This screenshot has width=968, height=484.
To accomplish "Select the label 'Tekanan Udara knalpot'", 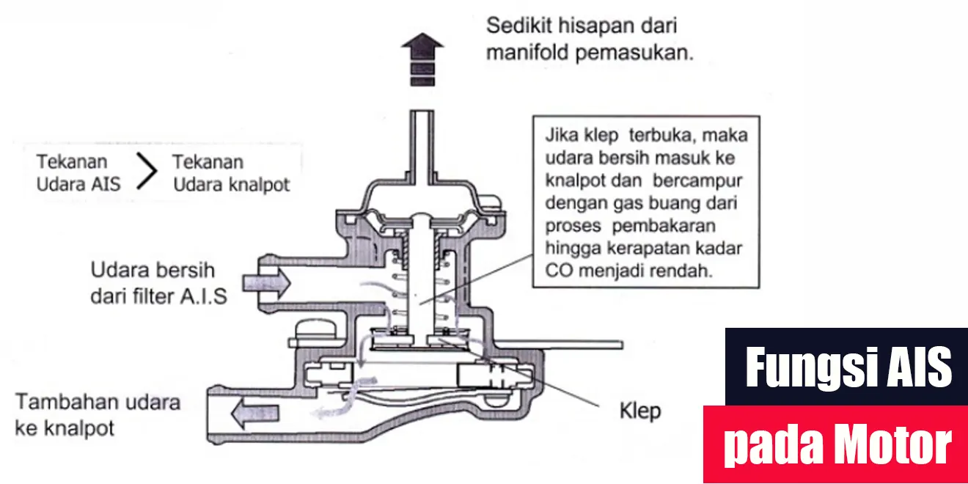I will (x=231, y=172).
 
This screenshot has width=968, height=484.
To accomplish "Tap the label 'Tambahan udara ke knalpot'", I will (x=98, y=414).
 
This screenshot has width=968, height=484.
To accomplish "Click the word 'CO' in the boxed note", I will (x=557, y=269).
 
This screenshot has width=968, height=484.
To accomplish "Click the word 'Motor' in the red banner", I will (x=890, y=445).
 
